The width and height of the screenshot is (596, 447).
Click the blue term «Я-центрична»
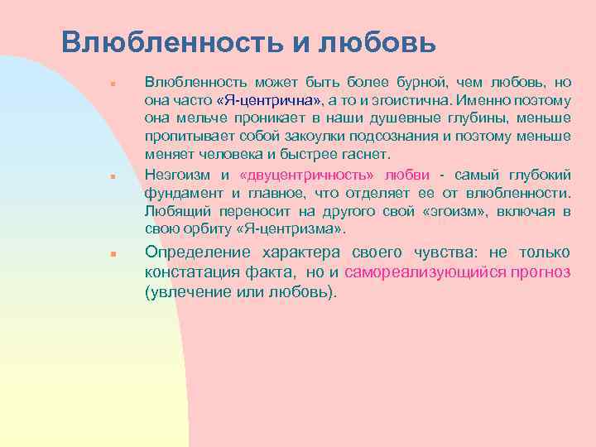pos(270,100)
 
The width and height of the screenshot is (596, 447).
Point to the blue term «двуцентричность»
pos(306,175)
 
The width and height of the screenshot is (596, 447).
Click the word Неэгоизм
pos(179,175)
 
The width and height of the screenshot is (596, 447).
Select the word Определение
pos(199,252)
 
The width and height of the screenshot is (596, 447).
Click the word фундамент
pos(176,194)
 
